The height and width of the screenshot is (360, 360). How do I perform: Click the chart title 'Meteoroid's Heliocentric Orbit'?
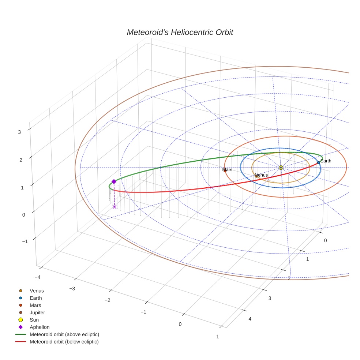point(180,32)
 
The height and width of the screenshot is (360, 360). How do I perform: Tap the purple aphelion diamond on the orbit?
point(114,181)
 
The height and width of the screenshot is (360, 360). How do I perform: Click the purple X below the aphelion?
point(115,207)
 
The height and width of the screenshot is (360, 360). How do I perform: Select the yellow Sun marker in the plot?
point(281,168)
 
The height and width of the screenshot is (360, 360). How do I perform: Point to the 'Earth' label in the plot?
point(326,161)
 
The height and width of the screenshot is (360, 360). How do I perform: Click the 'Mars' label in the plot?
point(227,170)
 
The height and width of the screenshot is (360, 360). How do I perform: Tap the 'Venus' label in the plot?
point(261,175)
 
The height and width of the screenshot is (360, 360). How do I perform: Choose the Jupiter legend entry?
point(37,312)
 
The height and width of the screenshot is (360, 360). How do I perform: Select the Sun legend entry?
point(34,320)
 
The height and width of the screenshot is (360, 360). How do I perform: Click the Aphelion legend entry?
point(40,327)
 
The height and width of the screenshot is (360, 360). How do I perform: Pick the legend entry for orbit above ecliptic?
point(64,334)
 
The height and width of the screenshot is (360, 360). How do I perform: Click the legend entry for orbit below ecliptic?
point(64,342)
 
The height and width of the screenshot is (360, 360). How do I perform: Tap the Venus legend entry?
point(37,290)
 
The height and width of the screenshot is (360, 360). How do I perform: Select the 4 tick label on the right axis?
point(250,319)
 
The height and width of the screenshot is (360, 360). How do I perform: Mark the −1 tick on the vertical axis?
point(25,241)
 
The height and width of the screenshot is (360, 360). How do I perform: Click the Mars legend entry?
point(35,305)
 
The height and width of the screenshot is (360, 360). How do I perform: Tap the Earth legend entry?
point(36,298)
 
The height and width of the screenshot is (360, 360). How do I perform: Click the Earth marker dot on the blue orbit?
point(319,162)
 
